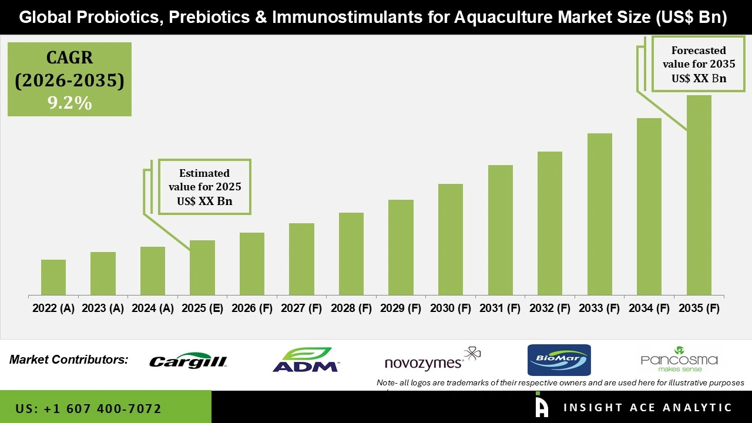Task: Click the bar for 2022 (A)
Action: tap(53, 277)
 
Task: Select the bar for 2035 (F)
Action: tap(699, 195)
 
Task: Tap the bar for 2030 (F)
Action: tap(451, 239)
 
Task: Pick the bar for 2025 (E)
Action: tap(202, 267)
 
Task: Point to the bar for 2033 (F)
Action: tap(599, 214)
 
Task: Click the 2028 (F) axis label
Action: tap(351, 308)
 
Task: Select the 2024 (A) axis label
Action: tap(153, 308)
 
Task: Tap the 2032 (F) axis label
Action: tap(550, 308)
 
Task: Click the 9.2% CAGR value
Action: tap(69, 103)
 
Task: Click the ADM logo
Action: tap(305, 360)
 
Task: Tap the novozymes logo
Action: tap(432, 360)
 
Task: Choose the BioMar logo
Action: tap(559, 360)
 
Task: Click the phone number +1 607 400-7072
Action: tap(88, 408)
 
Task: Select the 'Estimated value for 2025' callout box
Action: tap(204, 187)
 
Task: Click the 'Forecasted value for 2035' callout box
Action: tap(699, 64)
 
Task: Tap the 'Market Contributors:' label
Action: tap(69, 360)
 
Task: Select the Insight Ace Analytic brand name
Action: tap(647, 408)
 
